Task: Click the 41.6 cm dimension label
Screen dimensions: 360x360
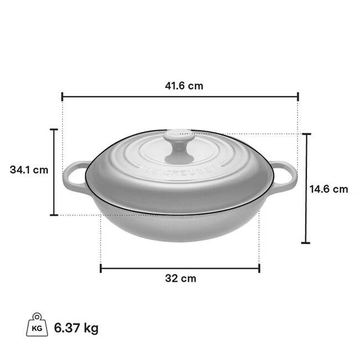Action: pyautogui.click(x=180, y=86)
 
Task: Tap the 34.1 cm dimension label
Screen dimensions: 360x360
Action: pyautogui.click(x=29, y=170)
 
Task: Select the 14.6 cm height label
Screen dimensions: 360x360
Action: pyautogui.click(x=328, y=189)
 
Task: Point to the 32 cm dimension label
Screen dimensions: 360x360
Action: pyautogui.click(x=181, y=279)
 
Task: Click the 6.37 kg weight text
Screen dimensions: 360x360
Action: pyautogui.click(x=76, y=328)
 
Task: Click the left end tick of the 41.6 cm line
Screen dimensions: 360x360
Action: pyautogui.click(x=62, y=96)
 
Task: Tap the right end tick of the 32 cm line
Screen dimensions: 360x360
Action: pyautogui.click(x=259, y=269)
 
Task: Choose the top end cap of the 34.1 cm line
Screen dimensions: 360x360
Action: pyautogui.click(x=54, y=130)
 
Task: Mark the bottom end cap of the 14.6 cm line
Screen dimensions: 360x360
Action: pyautogui.click(x=306, y=243)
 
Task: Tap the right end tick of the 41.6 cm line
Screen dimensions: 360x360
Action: pyautogui.click(x=298, y=96)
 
